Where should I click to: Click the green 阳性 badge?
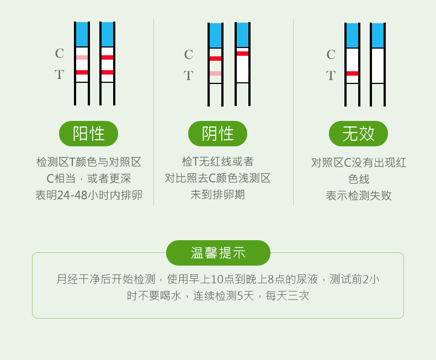point(88,134)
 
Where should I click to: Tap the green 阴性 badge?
point(217,134)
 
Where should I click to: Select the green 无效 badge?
point(358,134)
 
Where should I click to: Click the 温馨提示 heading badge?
point(218,253)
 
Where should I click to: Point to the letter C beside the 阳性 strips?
point(59,54)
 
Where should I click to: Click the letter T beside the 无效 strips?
point(331,76)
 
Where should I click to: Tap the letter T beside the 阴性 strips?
point(188,76)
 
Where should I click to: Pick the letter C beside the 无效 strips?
point(331,55)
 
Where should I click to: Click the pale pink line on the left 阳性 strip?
point(82,57)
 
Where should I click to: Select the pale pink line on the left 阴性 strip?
point(215,73)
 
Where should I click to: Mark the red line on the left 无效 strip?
point(352,73)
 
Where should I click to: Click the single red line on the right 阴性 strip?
point(242,54)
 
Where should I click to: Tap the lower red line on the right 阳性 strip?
point(107,72)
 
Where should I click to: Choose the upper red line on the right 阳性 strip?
point(107,57)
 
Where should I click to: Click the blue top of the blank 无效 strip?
point(377,35)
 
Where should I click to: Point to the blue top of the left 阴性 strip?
point(215,35)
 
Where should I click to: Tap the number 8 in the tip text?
point(270,279)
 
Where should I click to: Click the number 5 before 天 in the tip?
point(240,296)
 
